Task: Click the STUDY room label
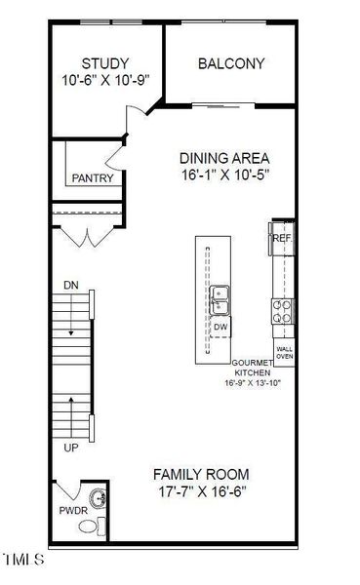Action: [105, 63]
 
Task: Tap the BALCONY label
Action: [231, 63]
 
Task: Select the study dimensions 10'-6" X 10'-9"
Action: [105, 80]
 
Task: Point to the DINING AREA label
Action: [224, 158]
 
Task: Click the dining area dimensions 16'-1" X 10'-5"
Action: [225, 175]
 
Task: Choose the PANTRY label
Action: [93, 178]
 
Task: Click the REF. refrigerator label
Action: [283, 239]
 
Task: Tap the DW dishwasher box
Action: [220, 328]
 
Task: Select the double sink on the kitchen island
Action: [220, 300]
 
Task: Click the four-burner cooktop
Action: [282, 312]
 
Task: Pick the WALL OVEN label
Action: [285, 353]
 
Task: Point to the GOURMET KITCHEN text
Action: [253, 368]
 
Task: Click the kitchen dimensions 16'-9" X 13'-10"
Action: [253, 383]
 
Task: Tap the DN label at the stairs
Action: [71, 286]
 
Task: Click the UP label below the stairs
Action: [71, 448]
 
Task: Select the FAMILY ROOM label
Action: [201, 475]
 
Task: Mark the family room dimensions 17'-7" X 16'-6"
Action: [202, 491]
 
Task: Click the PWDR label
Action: [73, 511]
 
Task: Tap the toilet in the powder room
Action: [93, 526]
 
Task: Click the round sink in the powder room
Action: [98, 498]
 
